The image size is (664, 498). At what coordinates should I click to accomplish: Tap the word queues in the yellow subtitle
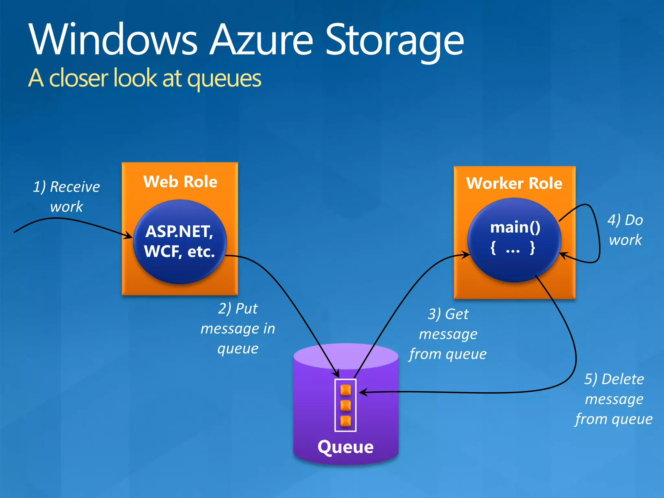point(224,79)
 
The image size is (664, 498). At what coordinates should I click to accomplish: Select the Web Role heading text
point(180,182)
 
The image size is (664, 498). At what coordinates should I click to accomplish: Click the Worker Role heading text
point(514,183)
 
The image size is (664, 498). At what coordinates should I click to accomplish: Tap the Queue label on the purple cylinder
point(346,447)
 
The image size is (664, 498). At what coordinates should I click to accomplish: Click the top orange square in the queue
point(346,390)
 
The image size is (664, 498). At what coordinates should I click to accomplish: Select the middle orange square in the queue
point(346,405)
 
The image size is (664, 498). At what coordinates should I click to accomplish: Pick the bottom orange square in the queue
point(346,421)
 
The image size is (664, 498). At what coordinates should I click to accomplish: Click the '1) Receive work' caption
point(66,196)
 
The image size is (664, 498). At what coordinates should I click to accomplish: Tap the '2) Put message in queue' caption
point(238,328)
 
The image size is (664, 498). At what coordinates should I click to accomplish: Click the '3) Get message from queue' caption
point(448,334)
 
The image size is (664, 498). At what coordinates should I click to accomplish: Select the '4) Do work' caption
point(625,230)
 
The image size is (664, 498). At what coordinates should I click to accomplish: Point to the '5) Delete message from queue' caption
point(614,399)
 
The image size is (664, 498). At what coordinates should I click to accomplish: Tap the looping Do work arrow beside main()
point(598,233)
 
